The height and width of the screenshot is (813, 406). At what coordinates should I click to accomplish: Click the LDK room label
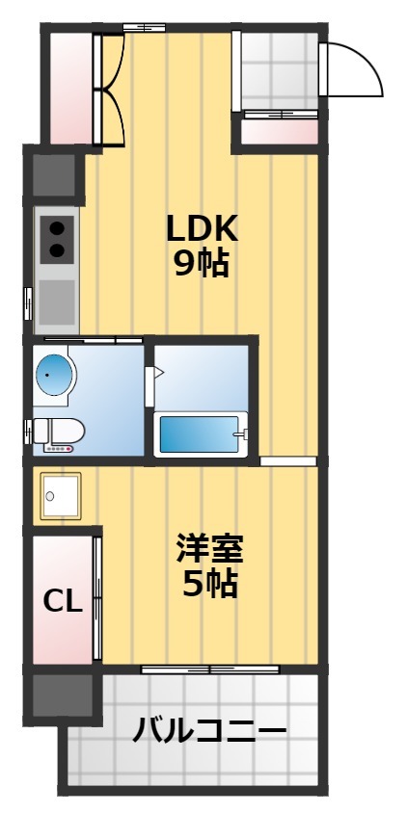[x=202, y=228]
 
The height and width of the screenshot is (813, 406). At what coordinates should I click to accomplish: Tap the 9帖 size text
[x=202, y=263]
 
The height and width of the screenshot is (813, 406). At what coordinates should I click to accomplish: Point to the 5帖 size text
[x=210, y=583]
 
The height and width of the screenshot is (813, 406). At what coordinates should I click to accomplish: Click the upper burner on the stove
[x=57, y=228]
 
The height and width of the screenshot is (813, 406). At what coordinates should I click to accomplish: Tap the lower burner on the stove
[x=57, y=250]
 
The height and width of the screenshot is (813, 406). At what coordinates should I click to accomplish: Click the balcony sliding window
[x=209, y=669]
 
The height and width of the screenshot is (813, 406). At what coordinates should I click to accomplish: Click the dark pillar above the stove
[x=56, y=173]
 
